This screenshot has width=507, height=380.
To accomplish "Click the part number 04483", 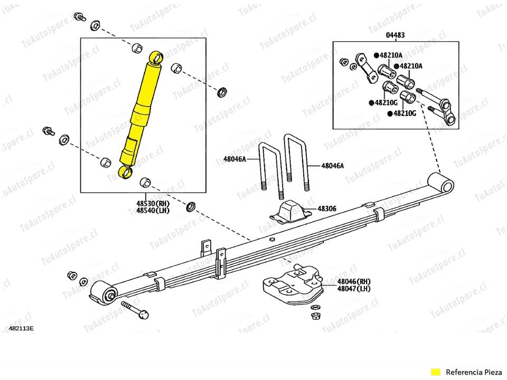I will [395, 35].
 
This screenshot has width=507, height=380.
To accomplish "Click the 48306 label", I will [326, 209].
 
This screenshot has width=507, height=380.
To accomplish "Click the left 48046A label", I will [234, 158].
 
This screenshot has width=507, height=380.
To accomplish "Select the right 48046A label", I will [332, 166].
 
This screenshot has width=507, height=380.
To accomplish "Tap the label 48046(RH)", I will [354, 282].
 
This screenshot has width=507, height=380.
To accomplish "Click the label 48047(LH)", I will [354, 289].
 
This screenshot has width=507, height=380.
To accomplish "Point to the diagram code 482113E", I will [21, 328].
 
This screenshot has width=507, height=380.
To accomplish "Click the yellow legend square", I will [435, 372].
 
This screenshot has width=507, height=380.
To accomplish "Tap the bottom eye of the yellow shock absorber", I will [125, 172].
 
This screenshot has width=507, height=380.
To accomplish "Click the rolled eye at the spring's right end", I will [441, 184].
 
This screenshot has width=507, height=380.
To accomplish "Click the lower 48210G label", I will [405, 113].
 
